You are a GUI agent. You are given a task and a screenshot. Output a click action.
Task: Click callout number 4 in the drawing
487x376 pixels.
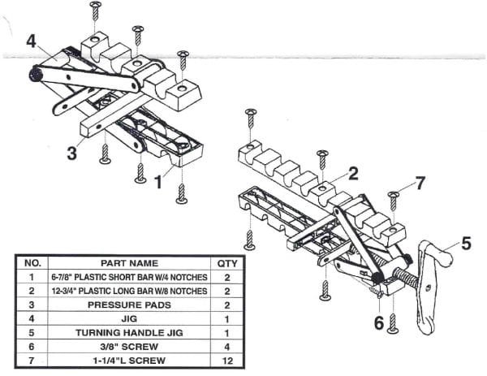(x=31, y=41)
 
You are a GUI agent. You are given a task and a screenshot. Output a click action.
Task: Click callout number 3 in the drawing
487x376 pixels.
(x=72, y=152)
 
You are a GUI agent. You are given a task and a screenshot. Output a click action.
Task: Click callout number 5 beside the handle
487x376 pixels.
(x=465, y=242)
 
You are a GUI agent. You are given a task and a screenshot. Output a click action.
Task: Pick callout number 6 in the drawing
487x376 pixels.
(x=377, y=323)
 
